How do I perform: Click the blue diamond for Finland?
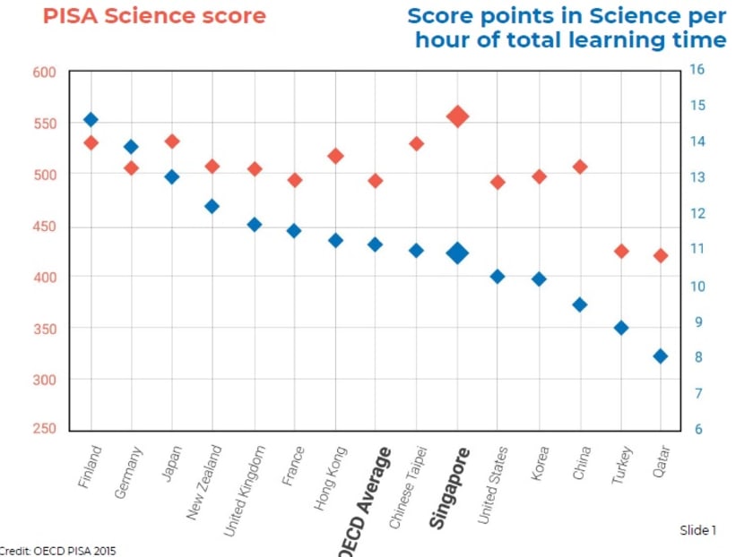(x=91, y=119)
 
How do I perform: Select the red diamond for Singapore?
(x=458, y=116)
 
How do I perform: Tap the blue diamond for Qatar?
(x=661, y=356)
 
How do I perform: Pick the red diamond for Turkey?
(x=621, y=251)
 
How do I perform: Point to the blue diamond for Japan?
(x=172, y=176)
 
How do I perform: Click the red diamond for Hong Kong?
(x=336, y=156)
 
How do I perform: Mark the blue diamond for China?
(x=580, y=304)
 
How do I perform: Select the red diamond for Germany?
(x=131, y=167)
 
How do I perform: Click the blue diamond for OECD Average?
(x=376, y=244)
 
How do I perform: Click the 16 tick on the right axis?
(x=696, y=69)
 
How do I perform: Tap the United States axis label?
(x=492, y=484)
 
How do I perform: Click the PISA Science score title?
(x=154, y=16)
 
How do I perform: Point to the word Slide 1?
(x=698, y=530)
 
